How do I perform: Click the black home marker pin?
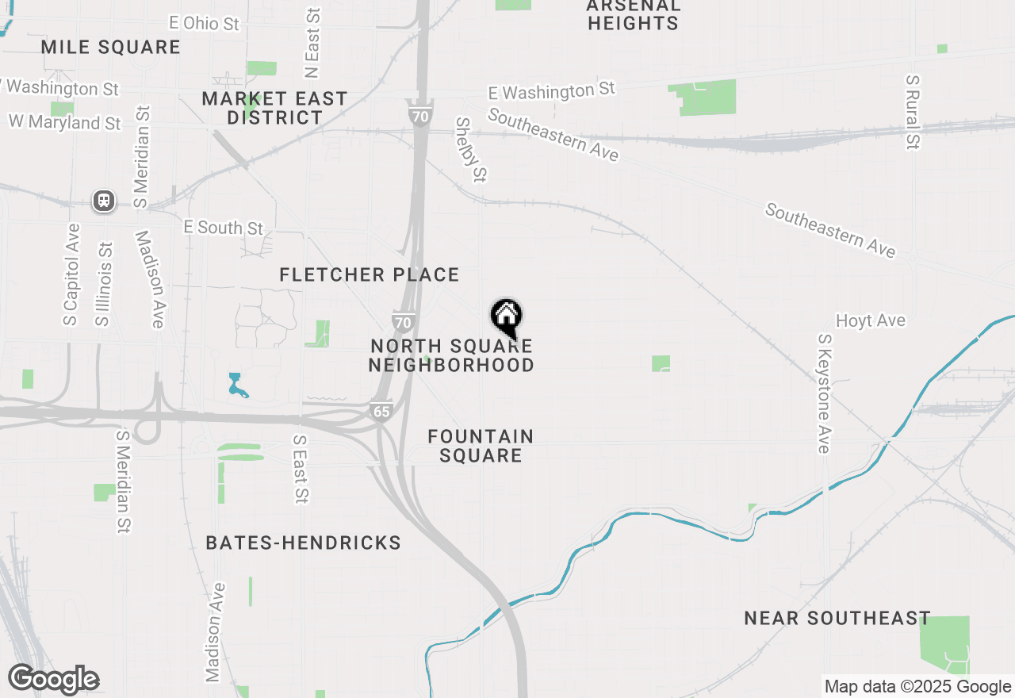[x=507, y=317]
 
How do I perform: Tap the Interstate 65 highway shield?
[x=381, y=411]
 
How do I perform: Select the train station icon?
[x=104, y=201]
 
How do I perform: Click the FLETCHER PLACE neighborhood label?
[x=370, y=275]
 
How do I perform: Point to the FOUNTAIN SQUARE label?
[x=481, y=446]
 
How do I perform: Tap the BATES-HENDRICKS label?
[x=303, y=543]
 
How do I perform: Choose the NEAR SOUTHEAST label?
[x=837, y=619]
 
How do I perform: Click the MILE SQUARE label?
[x=111, y=48]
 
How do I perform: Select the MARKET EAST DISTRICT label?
[x=274, y=108]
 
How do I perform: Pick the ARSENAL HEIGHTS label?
[x=633, y=14]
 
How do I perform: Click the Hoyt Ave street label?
[x=871, y=321]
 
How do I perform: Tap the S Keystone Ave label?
[x=823, y=393]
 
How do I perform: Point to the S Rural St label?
[x=913, y=113]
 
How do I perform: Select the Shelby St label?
[x=469, y=149]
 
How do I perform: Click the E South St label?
[x=224, y=228]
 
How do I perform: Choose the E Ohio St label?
[x=204, y=24]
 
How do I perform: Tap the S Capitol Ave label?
[x=72, y=274]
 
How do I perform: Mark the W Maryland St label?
[x=65, y=123]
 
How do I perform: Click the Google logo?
[x=54, y=680]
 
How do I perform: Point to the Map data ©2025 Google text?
[x=917, y=687]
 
